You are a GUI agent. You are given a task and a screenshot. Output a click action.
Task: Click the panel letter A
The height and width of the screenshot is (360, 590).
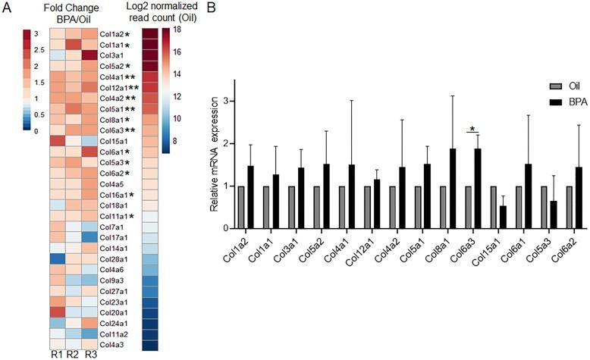[x=5, y=7]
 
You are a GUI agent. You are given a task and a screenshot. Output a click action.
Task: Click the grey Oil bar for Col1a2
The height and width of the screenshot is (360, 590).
[x=241, y=207]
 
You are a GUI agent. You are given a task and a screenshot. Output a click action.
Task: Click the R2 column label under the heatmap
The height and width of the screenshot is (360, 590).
[x=73, y=355]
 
